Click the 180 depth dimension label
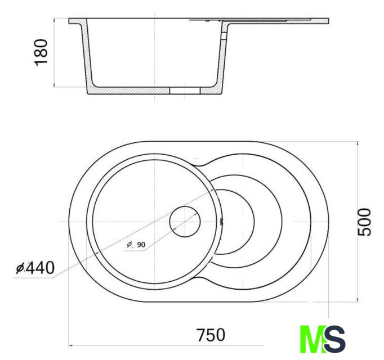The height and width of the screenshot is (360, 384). tap(41, 52)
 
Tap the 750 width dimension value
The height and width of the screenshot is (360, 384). tap(211, 335)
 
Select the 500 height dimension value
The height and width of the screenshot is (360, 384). tap(364, 222)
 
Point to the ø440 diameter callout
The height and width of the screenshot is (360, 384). tap(35, 268)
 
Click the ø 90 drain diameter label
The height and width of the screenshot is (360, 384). tap(136, 244)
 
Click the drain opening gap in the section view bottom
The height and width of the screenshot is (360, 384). tap(185, 91)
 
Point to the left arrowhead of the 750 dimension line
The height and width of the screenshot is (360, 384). tap(70, 345)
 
